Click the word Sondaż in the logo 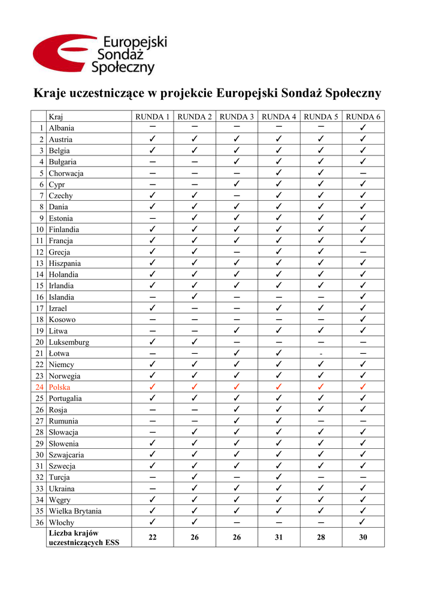point(120,55)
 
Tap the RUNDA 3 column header point(237,117)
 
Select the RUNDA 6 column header point(363,117)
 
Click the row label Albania point(62,128)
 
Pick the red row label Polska point(59,387)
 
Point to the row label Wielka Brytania point(75,511)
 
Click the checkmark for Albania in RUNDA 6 point(363,128)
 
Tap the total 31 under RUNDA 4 point(279,537)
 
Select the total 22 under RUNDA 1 point(153,537)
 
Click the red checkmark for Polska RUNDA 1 point(153,387)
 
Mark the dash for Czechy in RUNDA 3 point(237,195)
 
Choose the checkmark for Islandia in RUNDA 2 point(195,297)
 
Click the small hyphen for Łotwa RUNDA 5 point(321,354)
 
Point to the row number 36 point(40,522)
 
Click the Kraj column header point(56,117)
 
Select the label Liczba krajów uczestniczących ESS point(84,537)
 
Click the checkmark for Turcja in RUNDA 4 point(279,478)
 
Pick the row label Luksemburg point(69,342)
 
